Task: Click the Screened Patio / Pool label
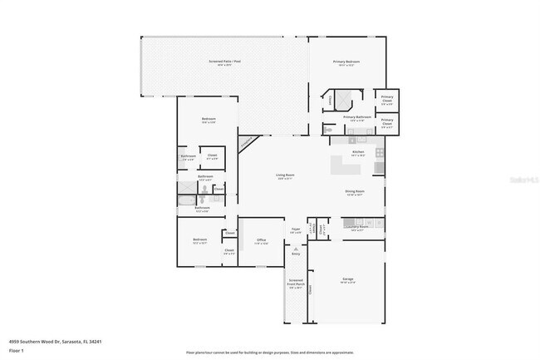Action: pos(225,63)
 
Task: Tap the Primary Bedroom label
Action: pos(346,63)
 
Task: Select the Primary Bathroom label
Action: pos(356,118)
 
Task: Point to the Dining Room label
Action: pos(355,192)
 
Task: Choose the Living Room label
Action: pos(285,176)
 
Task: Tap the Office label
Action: pos(261,241)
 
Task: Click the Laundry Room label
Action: pos(358,228)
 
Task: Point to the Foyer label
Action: pos(295,230)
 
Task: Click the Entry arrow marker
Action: pos(296,249)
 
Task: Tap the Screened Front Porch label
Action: pos(296,284)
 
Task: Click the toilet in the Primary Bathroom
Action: pos(327,131)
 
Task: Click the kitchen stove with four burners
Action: pos(380,153)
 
